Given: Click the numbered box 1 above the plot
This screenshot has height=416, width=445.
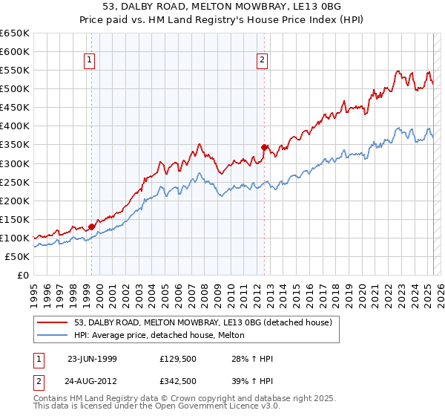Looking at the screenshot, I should click(89, 61).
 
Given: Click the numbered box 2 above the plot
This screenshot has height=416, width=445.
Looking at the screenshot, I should click(263, 61).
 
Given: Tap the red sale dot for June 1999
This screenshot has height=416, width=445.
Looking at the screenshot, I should click(92, 227).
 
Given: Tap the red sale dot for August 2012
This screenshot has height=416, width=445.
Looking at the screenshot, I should click(265, 147).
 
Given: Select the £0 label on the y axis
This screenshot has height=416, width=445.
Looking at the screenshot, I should click(22, 275).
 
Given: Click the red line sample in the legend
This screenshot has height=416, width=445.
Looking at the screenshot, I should click(52, 322).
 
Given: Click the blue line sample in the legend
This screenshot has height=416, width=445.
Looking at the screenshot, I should click(52, 335).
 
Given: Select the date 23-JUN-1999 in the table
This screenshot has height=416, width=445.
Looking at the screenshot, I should click(92, 359).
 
